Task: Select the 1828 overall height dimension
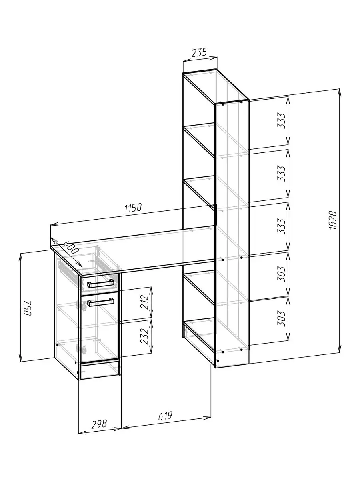[x=333, y=220]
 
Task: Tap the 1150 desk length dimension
[x=133, y=208]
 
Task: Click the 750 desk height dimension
[x=28, y=308]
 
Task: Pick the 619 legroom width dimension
[x=165, y=416]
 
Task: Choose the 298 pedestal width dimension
[x=99, y=424]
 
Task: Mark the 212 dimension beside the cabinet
[x=144, y=302]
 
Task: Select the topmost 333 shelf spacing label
[x=281, y=120]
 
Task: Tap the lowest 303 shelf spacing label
[x=281, y=318]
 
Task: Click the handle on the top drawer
[x=101, y=284]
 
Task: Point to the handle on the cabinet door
[x=101, y=302]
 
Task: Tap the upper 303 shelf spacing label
[x=281, y=274]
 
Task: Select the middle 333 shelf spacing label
[x=281, y=174]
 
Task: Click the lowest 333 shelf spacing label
[x=281, y=226]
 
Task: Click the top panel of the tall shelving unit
[x=216, y=86]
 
